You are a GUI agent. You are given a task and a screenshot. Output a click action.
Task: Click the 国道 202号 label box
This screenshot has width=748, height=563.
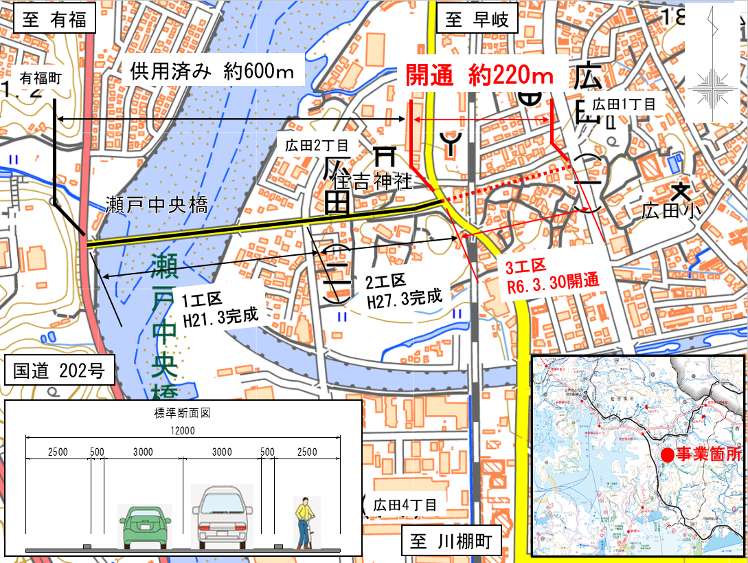click(59, 372)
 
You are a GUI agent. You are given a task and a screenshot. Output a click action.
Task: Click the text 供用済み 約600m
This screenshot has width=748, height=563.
click(212, 72)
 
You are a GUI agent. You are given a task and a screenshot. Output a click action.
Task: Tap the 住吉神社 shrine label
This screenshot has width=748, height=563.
click(372, 181)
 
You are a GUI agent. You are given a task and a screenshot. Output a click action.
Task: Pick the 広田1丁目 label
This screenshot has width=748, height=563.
click(624, 104)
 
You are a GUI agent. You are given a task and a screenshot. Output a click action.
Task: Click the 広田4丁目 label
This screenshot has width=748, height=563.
click(405, 505)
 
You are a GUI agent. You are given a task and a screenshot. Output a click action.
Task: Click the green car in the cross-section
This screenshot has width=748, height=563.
click(145, 526)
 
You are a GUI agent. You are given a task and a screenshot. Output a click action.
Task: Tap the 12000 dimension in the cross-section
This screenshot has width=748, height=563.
click(183, 430)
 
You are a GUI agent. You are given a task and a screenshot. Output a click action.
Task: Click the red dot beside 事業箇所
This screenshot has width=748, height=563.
click(666, 455)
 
